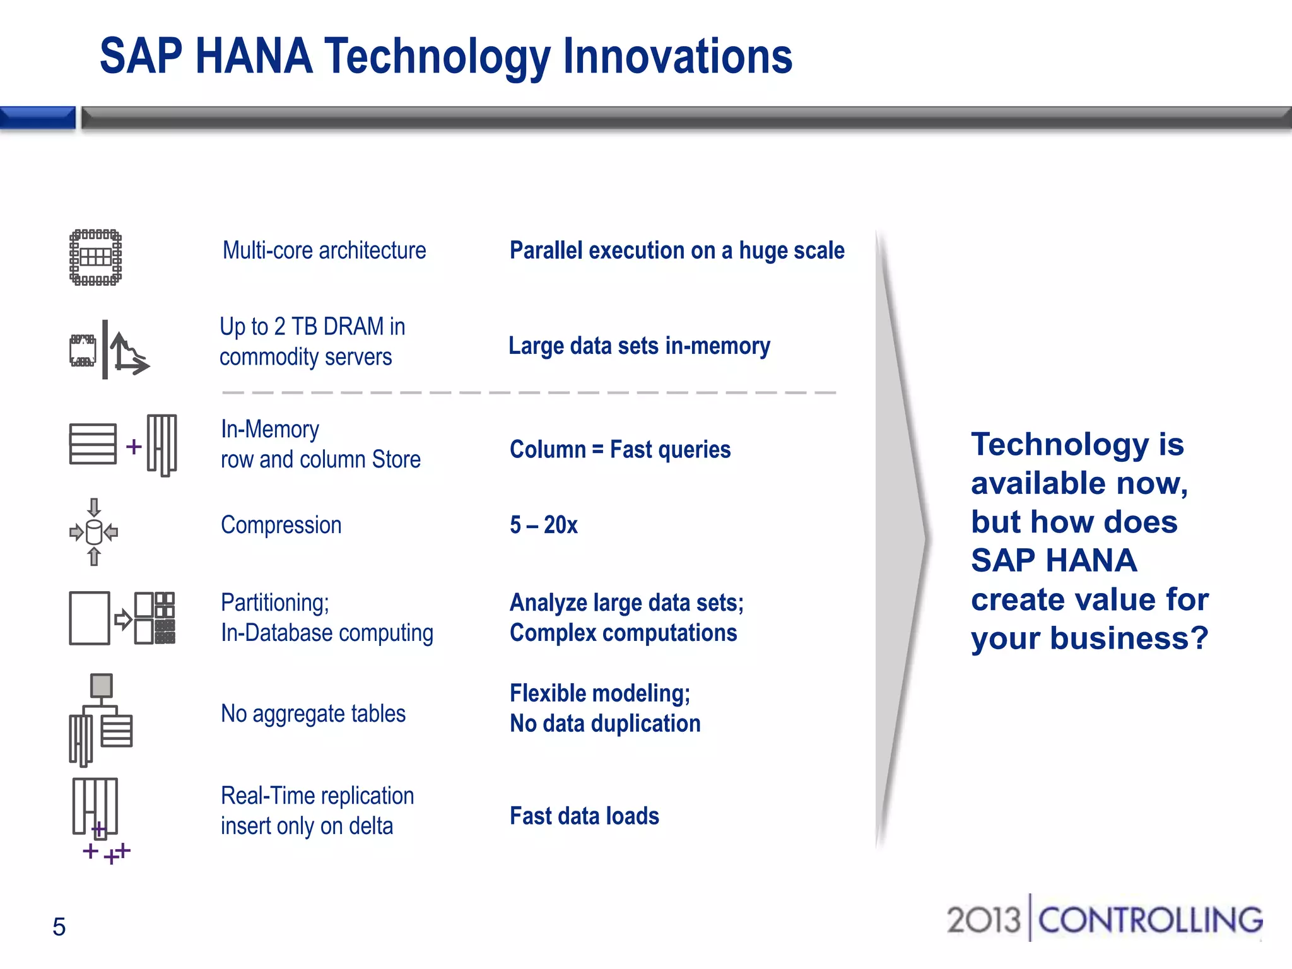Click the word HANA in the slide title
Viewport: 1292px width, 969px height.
click(x=254, y=57)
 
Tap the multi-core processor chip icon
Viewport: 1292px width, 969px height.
click(x=95, y=257)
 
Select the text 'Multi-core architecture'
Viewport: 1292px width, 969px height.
click(x=324, y=250)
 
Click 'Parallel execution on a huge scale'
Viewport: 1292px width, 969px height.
click(x=676, y=250)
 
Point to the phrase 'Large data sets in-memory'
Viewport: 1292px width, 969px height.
click(x=639, y=346)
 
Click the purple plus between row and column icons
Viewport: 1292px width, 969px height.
click(x=133, y=447)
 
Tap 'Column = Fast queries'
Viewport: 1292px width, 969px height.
click(x=620, y=449)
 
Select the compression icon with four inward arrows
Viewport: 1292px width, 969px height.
click(x=93, y=532)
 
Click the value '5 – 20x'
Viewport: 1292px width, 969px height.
click(x=543, y=525)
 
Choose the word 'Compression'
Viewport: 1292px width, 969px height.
click(x=281, y=525)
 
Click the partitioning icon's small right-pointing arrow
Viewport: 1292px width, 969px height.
click(x=122, y=619)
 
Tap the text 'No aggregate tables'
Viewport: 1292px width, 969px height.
click(x=313, y=714)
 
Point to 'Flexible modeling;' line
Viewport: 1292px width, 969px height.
click(x=599, y=693)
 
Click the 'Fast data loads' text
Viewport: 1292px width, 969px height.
click(x=584, y=816)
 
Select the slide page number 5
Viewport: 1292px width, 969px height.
click(x=59, y=927)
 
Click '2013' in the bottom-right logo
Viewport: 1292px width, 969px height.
click(x=983, y=920)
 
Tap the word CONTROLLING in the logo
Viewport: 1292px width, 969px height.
click(x=1150, y=920)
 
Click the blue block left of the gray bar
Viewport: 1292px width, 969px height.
click(x=37, y=117)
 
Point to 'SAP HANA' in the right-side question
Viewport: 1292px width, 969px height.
click(x=1054, y=560)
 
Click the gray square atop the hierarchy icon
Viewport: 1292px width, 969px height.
click(x=101, y=685)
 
